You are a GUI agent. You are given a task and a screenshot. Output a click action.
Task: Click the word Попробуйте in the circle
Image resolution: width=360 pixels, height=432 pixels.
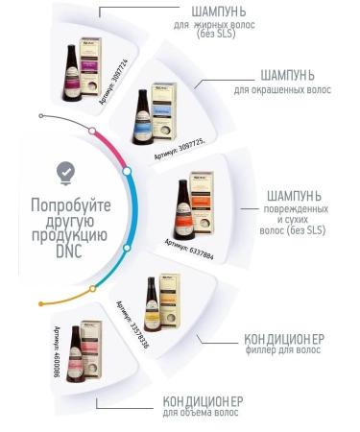point(71,205)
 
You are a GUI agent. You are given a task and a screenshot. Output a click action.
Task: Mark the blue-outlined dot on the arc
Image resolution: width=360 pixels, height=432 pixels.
point(127,172)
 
